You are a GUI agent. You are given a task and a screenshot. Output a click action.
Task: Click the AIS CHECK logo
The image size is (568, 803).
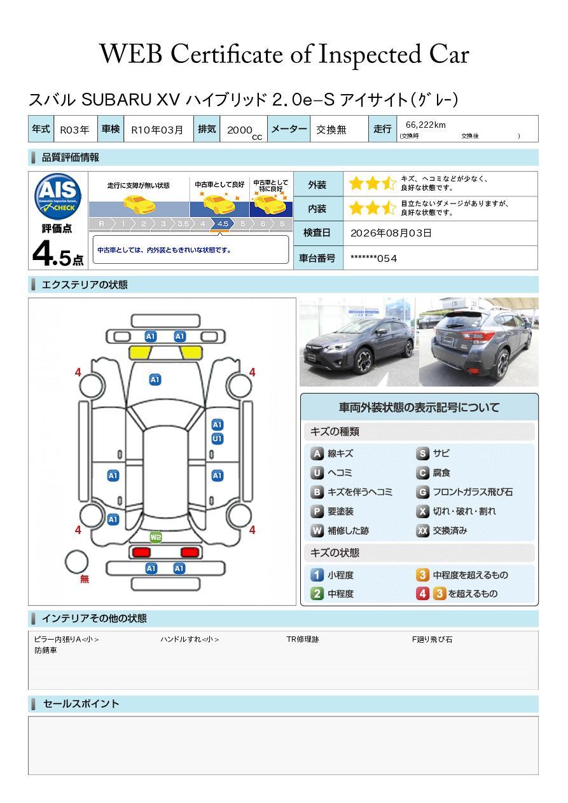tap(58, 196)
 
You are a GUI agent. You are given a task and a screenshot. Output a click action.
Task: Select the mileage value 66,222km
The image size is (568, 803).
tap(426, 125)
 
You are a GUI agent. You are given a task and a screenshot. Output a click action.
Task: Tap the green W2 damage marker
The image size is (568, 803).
tap(156, 537)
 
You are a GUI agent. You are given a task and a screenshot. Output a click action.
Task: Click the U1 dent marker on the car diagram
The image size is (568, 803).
tap(218, 439)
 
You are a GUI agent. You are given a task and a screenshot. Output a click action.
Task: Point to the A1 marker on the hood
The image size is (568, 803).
tap(155, 380)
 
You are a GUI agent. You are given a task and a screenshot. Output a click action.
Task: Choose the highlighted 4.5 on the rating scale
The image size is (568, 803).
tap(223, 224)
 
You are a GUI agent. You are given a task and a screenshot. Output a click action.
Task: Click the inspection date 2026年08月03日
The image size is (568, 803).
tap(391, 233)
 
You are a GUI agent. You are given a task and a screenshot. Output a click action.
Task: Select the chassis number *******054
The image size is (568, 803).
tap(373, 259)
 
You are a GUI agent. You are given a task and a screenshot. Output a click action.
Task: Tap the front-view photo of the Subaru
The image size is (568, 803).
tap(359, 342)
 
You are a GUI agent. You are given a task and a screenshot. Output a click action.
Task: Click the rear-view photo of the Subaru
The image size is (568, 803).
tap(479, 342)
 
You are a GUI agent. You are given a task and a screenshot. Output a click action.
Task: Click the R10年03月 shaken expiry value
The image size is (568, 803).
tap(157, 130)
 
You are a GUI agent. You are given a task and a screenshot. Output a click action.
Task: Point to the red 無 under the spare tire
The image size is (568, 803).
tap(85, 579)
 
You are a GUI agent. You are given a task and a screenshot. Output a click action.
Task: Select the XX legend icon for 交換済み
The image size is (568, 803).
tap(422, 530)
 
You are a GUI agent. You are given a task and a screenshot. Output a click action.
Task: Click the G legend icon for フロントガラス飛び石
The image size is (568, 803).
tap(422, 492)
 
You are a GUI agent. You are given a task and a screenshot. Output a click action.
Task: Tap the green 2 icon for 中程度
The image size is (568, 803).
tap(317, 594)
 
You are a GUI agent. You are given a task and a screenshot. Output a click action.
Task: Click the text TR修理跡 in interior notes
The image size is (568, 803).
tap(303, 639)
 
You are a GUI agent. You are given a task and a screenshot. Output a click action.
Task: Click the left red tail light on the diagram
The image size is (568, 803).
tap(141, 552)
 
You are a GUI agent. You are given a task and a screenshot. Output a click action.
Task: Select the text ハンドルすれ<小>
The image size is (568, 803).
tap(190, 639)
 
